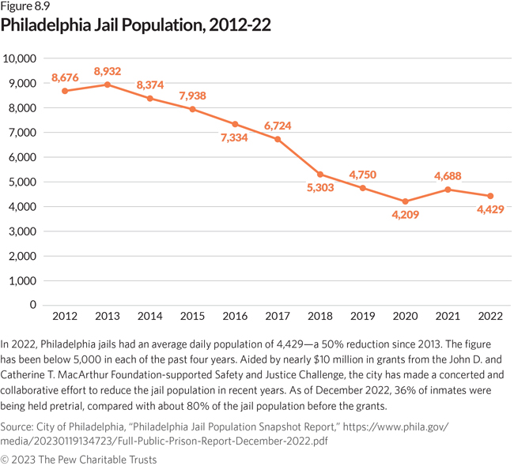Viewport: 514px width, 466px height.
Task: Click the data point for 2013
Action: coord(107,85)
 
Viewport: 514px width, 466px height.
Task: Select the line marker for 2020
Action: coord(406,201)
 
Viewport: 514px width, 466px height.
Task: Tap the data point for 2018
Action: coord(320,174)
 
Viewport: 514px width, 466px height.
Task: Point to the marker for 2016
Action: coord(235,124)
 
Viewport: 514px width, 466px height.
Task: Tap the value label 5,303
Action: coord(320,189)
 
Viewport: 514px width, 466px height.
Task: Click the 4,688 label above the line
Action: coord(448,175)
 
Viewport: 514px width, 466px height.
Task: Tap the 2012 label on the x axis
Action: coord(64,317)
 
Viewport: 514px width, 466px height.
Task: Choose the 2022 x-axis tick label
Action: coord(491,317)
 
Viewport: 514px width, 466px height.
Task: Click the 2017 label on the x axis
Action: coord(278,317)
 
